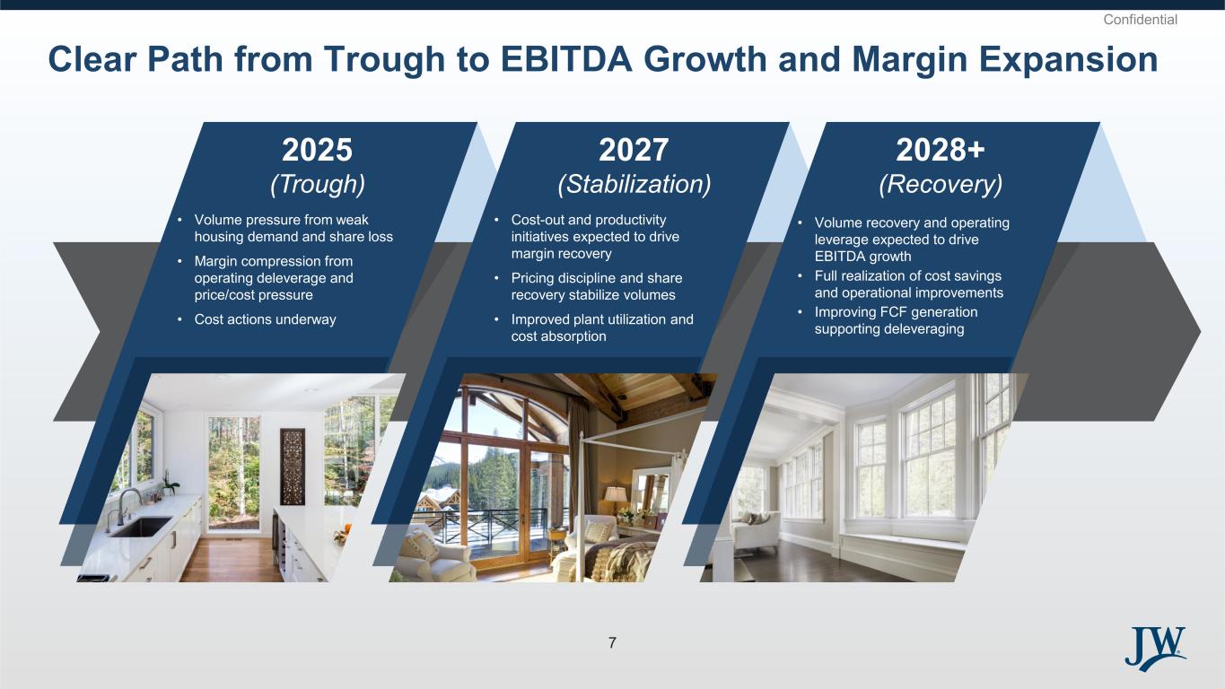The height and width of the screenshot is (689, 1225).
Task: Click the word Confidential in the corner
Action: click(1140, 20)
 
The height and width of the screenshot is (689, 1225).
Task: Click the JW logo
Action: click(1155, 649)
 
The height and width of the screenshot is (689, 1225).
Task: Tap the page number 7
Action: click(612, 643)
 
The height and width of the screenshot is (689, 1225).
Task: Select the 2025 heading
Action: click(317, 150)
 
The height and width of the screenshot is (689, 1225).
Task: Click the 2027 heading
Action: click(634, 150)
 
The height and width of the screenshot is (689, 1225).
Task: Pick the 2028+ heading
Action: click(941, 150)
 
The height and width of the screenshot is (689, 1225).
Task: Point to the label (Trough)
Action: click(318, 184)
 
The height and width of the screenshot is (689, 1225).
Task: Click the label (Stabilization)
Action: click(634, 184)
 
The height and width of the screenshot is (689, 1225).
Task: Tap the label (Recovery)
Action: click(941, 184)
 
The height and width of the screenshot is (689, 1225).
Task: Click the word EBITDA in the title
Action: click(566, 59)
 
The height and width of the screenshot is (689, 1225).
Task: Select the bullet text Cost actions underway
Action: click(266, 319)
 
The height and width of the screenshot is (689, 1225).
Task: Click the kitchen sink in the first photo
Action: click(141, 527)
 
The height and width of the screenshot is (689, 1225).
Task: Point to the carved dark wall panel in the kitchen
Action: click(293, 467)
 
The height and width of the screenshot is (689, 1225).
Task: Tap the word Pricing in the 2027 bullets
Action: click(534, 278)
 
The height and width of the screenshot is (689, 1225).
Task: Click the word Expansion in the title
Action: click(1068, 59)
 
